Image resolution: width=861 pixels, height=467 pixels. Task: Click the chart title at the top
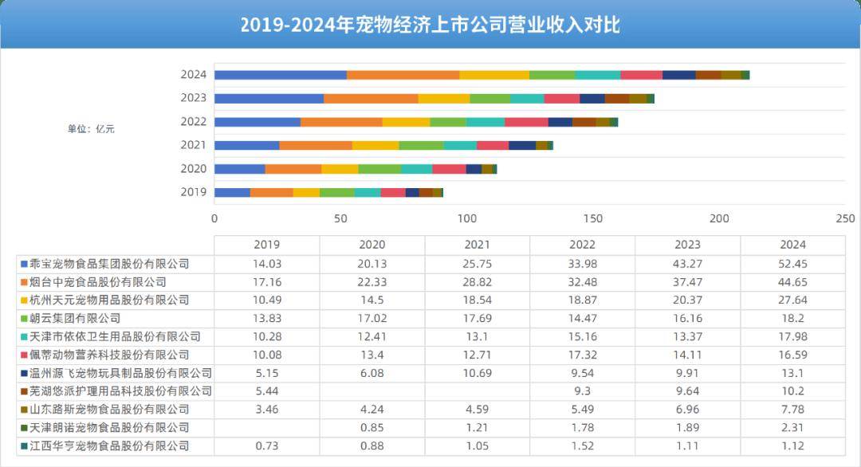[x=431, y=26]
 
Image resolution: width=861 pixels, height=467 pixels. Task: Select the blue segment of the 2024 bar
[x=281, y=75]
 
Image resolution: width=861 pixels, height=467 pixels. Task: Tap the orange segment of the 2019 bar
[x=272, y=192]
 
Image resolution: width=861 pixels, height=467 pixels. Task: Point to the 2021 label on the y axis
[x=194, y=145]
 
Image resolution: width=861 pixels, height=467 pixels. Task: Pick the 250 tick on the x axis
[x=846, y=218]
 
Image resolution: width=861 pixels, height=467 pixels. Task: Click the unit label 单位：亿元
[x=91, y=128]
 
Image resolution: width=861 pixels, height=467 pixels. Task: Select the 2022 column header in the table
[x=582, y=245]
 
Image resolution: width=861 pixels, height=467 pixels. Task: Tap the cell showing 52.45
[x=792, y=264]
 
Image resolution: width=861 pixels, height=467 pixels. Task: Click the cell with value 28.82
[x=477, y=282]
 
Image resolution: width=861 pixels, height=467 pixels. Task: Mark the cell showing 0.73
[x=266, y=446]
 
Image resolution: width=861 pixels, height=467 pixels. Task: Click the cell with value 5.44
[x=266, y=391]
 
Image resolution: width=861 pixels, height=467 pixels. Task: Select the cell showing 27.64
[x=792, y=300]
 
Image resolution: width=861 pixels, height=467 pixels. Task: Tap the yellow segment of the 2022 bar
[x=406, y=122]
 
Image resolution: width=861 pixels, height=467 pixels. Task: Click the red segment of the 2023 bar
[x=561, y=98]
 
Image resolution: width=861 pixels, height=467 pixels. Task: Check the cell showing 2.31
[x=792, y=428]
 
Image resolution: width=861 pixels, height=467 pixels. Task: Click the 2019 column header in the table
[x=266, y=245]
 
